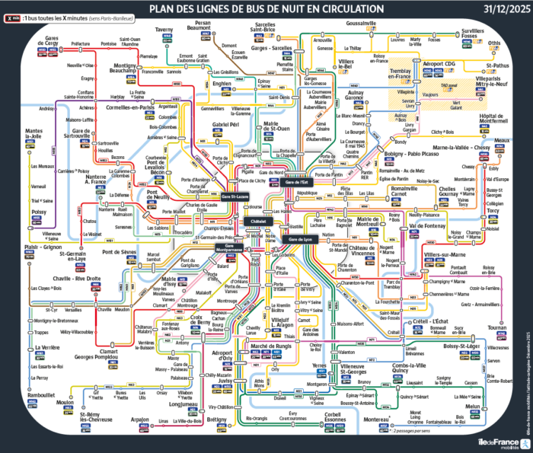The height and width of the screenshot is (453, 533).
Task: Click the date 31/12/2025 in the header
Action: [502, 9]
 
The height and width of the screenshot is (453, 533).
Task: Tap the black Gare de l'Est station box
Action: [296, 183]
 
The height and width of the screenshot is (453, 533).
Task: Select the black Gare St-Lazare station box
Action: [236, 196]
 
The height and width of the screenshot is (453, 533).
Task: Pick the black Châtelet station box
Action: [258, 221]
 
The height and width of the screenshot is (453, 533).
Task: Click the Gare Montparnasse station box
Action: [229, 248]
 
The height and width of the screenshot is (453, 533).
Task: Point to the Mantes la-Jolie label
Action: [35, 136]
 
